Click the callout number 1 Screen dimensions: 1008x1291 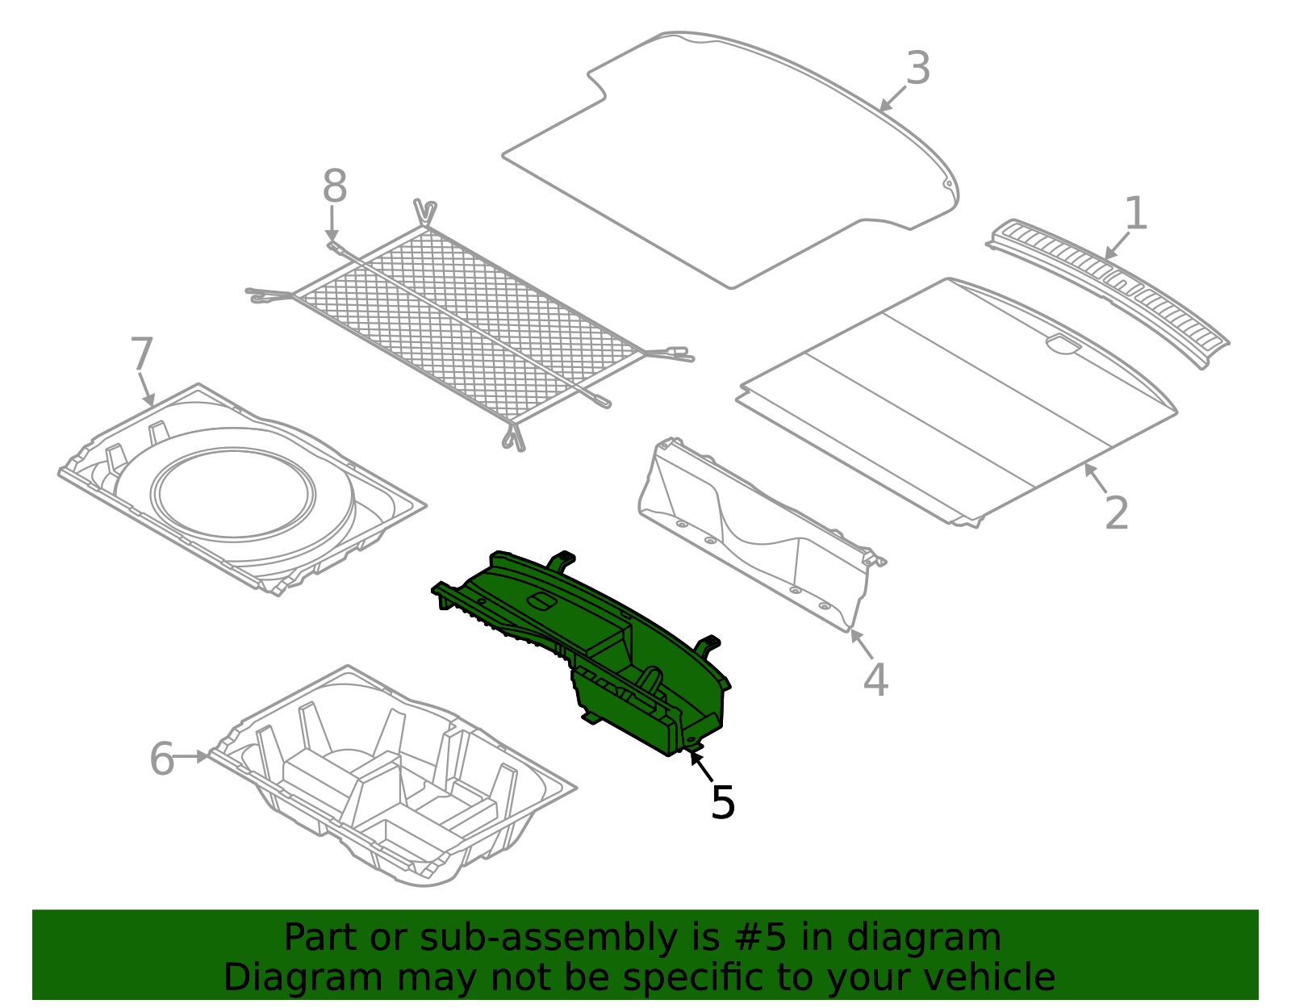pos(1136,214)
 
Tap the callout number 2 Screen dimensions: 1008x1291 pos(1117,512)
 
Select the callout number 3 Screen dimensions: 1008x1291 pos(918,69)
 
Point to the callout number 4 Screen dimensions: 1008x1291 pos(875,680)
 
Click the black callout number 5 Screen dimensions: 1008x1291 pos(722,802)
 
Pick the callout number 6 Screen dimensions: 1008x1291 pos(162,759)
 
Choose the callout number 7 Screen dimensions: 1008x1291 pos(141,355)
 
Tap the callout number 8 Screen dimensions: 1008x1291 pos(335,187)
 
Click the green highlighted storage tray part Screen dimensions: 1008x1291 pos(597,638)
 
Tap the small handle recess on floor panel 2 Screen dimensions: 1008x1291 pos(1063,345)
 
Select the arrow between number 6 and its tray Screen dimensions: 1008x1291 pos(194,756)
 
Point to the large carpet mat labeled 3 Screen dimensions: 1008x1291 pos(726,161)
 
